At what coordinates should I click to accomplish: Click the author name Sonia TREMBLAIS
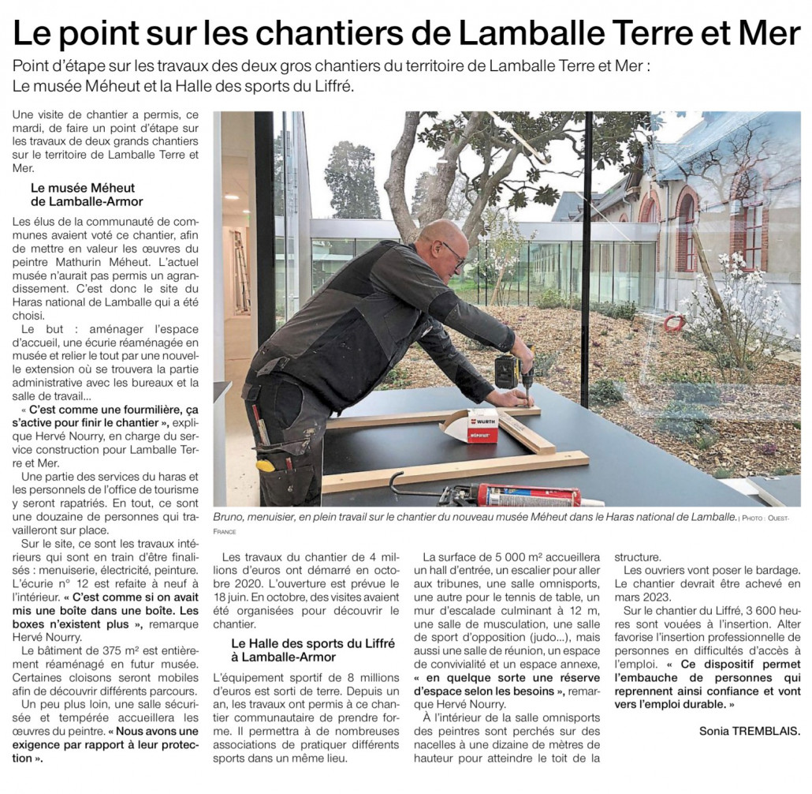point(750,730)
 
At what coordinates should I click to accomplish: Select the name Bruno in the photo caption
point(230,516)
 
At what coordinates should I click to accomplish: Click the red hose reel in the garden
point(673,323)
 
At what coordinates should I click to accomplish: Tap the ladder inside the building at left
point(240,269)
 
